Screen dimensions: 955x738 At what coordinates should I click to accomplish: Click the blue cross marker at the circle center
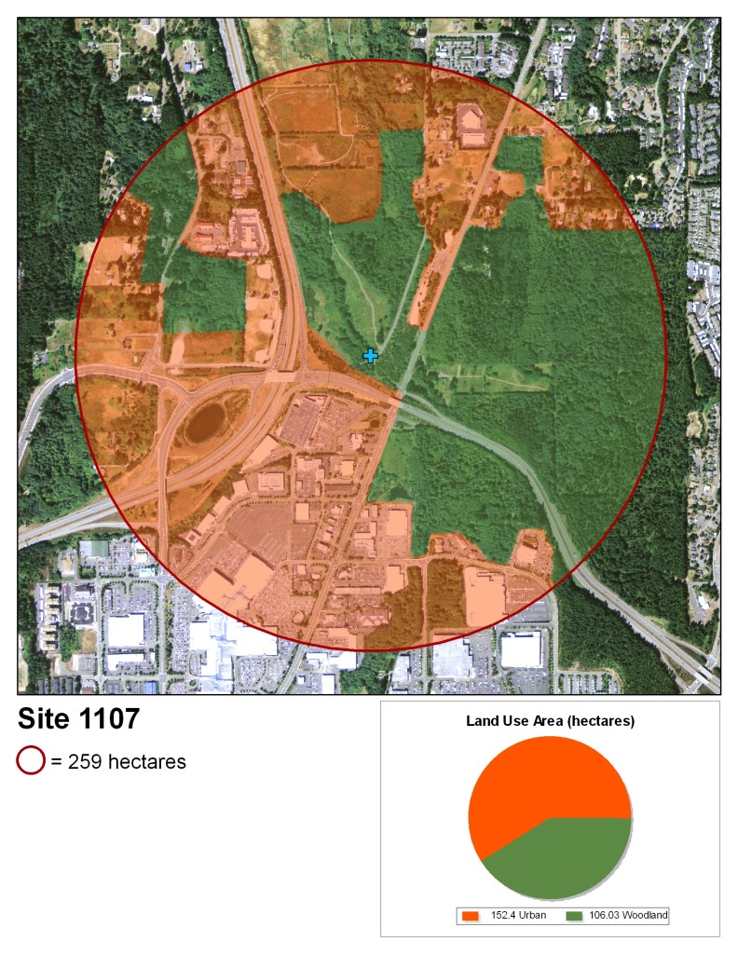point(370,355)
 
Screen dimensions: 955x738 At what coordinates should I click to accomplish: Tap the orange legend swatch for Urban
point(471,917)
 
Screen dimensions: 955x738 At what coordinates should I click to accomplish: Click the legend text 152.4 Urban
point(518,917)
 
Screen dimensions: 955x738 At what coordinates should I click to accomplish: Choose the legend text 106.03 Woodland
point(631,917)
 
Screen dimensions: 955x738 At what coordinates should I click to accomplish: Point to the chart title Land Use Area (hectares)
point(550,721)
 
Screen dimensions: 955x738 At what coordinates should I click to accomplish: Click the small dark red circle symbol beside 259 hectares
point(31,761)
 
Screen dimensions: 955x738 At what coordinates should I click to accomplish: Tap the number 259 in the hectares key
point(86,762)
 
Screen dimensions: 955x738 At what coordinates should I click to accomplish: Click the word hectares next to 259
point(147,762)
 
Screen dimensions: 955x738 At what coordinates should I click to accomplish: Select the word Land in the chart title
point(481,721)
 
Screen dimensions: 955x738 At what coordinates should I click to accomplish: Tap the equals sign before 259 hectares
point(56,762)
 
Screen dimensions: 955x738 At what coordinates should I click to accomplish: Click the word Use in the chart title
point(514,721)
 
